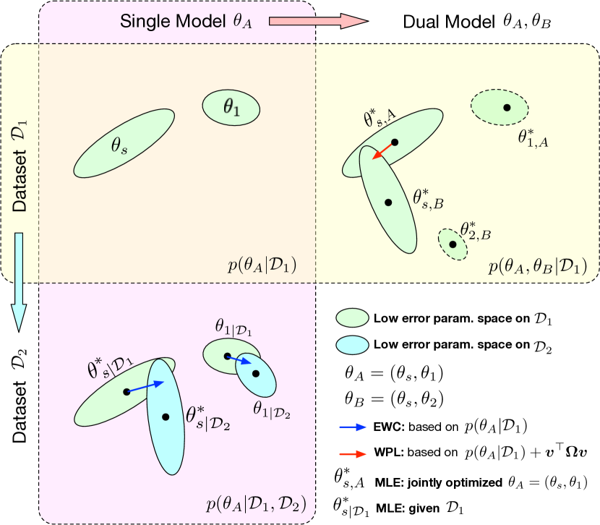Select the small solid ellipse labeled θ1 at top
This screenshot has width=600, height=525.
231,107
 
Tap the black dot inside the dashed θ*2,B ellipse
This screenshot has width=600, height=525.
453,244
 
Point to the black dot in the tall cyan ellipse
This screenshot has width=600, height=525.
166,417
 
